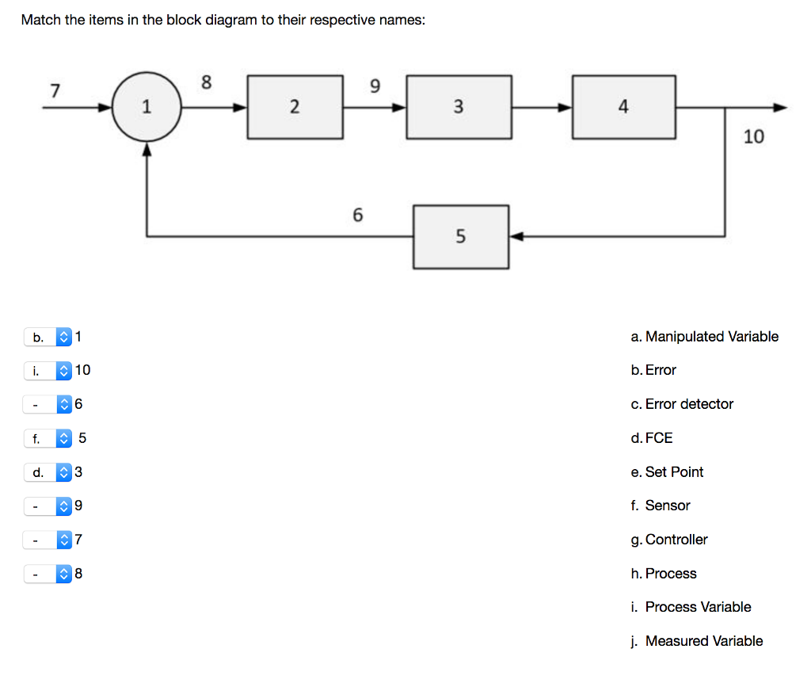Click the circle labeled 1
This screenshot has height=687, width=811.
pos(146,107)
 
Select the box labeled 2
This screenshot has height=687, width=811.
pos(295,107)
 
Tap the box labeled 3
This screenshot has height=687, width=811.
pos(459,107)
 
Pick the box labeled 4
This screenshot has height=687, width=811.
pos(624,107)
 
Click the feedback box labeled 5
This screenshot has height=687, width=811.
pos(461,236)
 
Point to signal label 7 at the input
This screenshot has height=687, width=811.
pos(55,90)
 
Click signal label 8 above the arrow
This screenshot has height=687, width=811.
pos(207,82)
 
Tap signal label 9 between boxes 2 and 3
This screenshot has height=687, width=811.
pos(375,85)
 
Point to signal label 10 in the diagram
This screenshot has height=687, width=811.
pos(754,137)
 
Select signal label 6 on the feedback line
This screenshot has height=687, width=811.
pos(357,215)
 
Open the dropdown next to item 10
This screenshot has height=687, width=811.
pos(48,370)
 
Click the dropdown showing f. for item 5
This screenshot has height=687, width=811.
pos(48,438)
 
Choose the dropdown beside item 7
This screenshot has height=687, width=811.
pos(48,540)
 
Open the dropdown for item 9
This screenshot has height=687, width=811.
pos(48,506)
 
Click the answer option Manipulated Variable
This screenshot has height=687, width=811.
pos(704,337)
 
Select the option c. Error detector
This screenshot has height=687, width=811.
pos(682,404)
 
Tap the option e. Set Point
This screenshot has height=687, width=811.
pos(667,472)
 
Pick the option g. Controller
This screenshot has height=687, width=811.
pos(669,540)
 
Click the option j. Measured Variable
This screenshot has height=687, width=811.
pos(697,641)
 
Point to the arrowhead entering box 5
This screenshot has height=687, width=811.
pos(516,236)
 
